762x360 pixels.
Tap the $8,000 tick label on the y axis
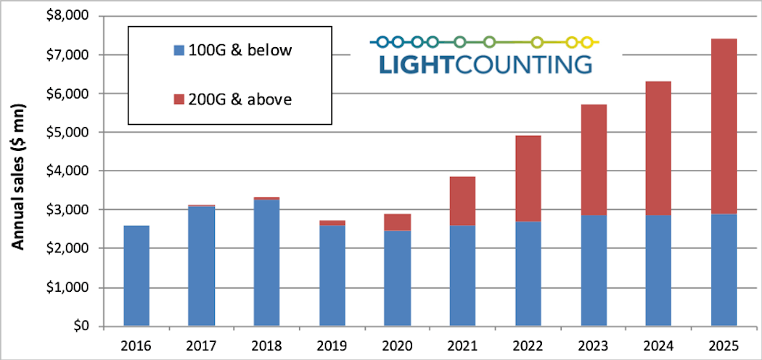coord(65,16)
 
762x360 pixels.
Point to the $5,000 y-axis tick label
coord(65,132)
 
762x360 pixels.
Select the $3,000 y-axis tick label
coord(65,210)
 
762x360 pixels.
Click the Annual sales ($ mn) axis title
coord(20,171)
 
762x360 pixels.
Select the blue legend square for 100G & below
coord(178,51)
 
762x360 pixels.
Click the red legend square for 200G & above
coord(178,99)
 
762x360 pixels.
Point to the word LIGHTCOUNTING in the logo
coord(485,65)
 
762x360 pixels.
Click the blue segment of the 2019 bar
coord(332,276)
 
